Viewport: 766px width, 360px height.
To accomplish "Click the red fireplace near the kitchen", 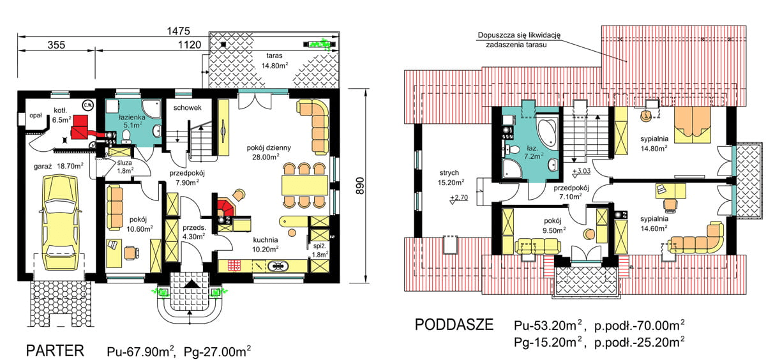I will tap(225, 207).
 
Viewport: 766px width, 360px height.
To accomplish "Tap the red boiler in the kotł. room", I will tap(80, 126).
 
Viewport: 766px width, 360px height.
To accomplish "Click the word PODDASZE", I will tap(454, 326).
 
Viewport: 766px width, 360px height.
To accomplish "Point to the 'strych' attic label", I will tap(449, 172).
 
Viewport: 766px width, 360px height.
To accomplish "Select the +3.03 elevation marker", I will tap(582, 170).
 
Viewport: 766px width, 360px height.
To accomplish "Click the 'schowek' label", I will tap(188, 108).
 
